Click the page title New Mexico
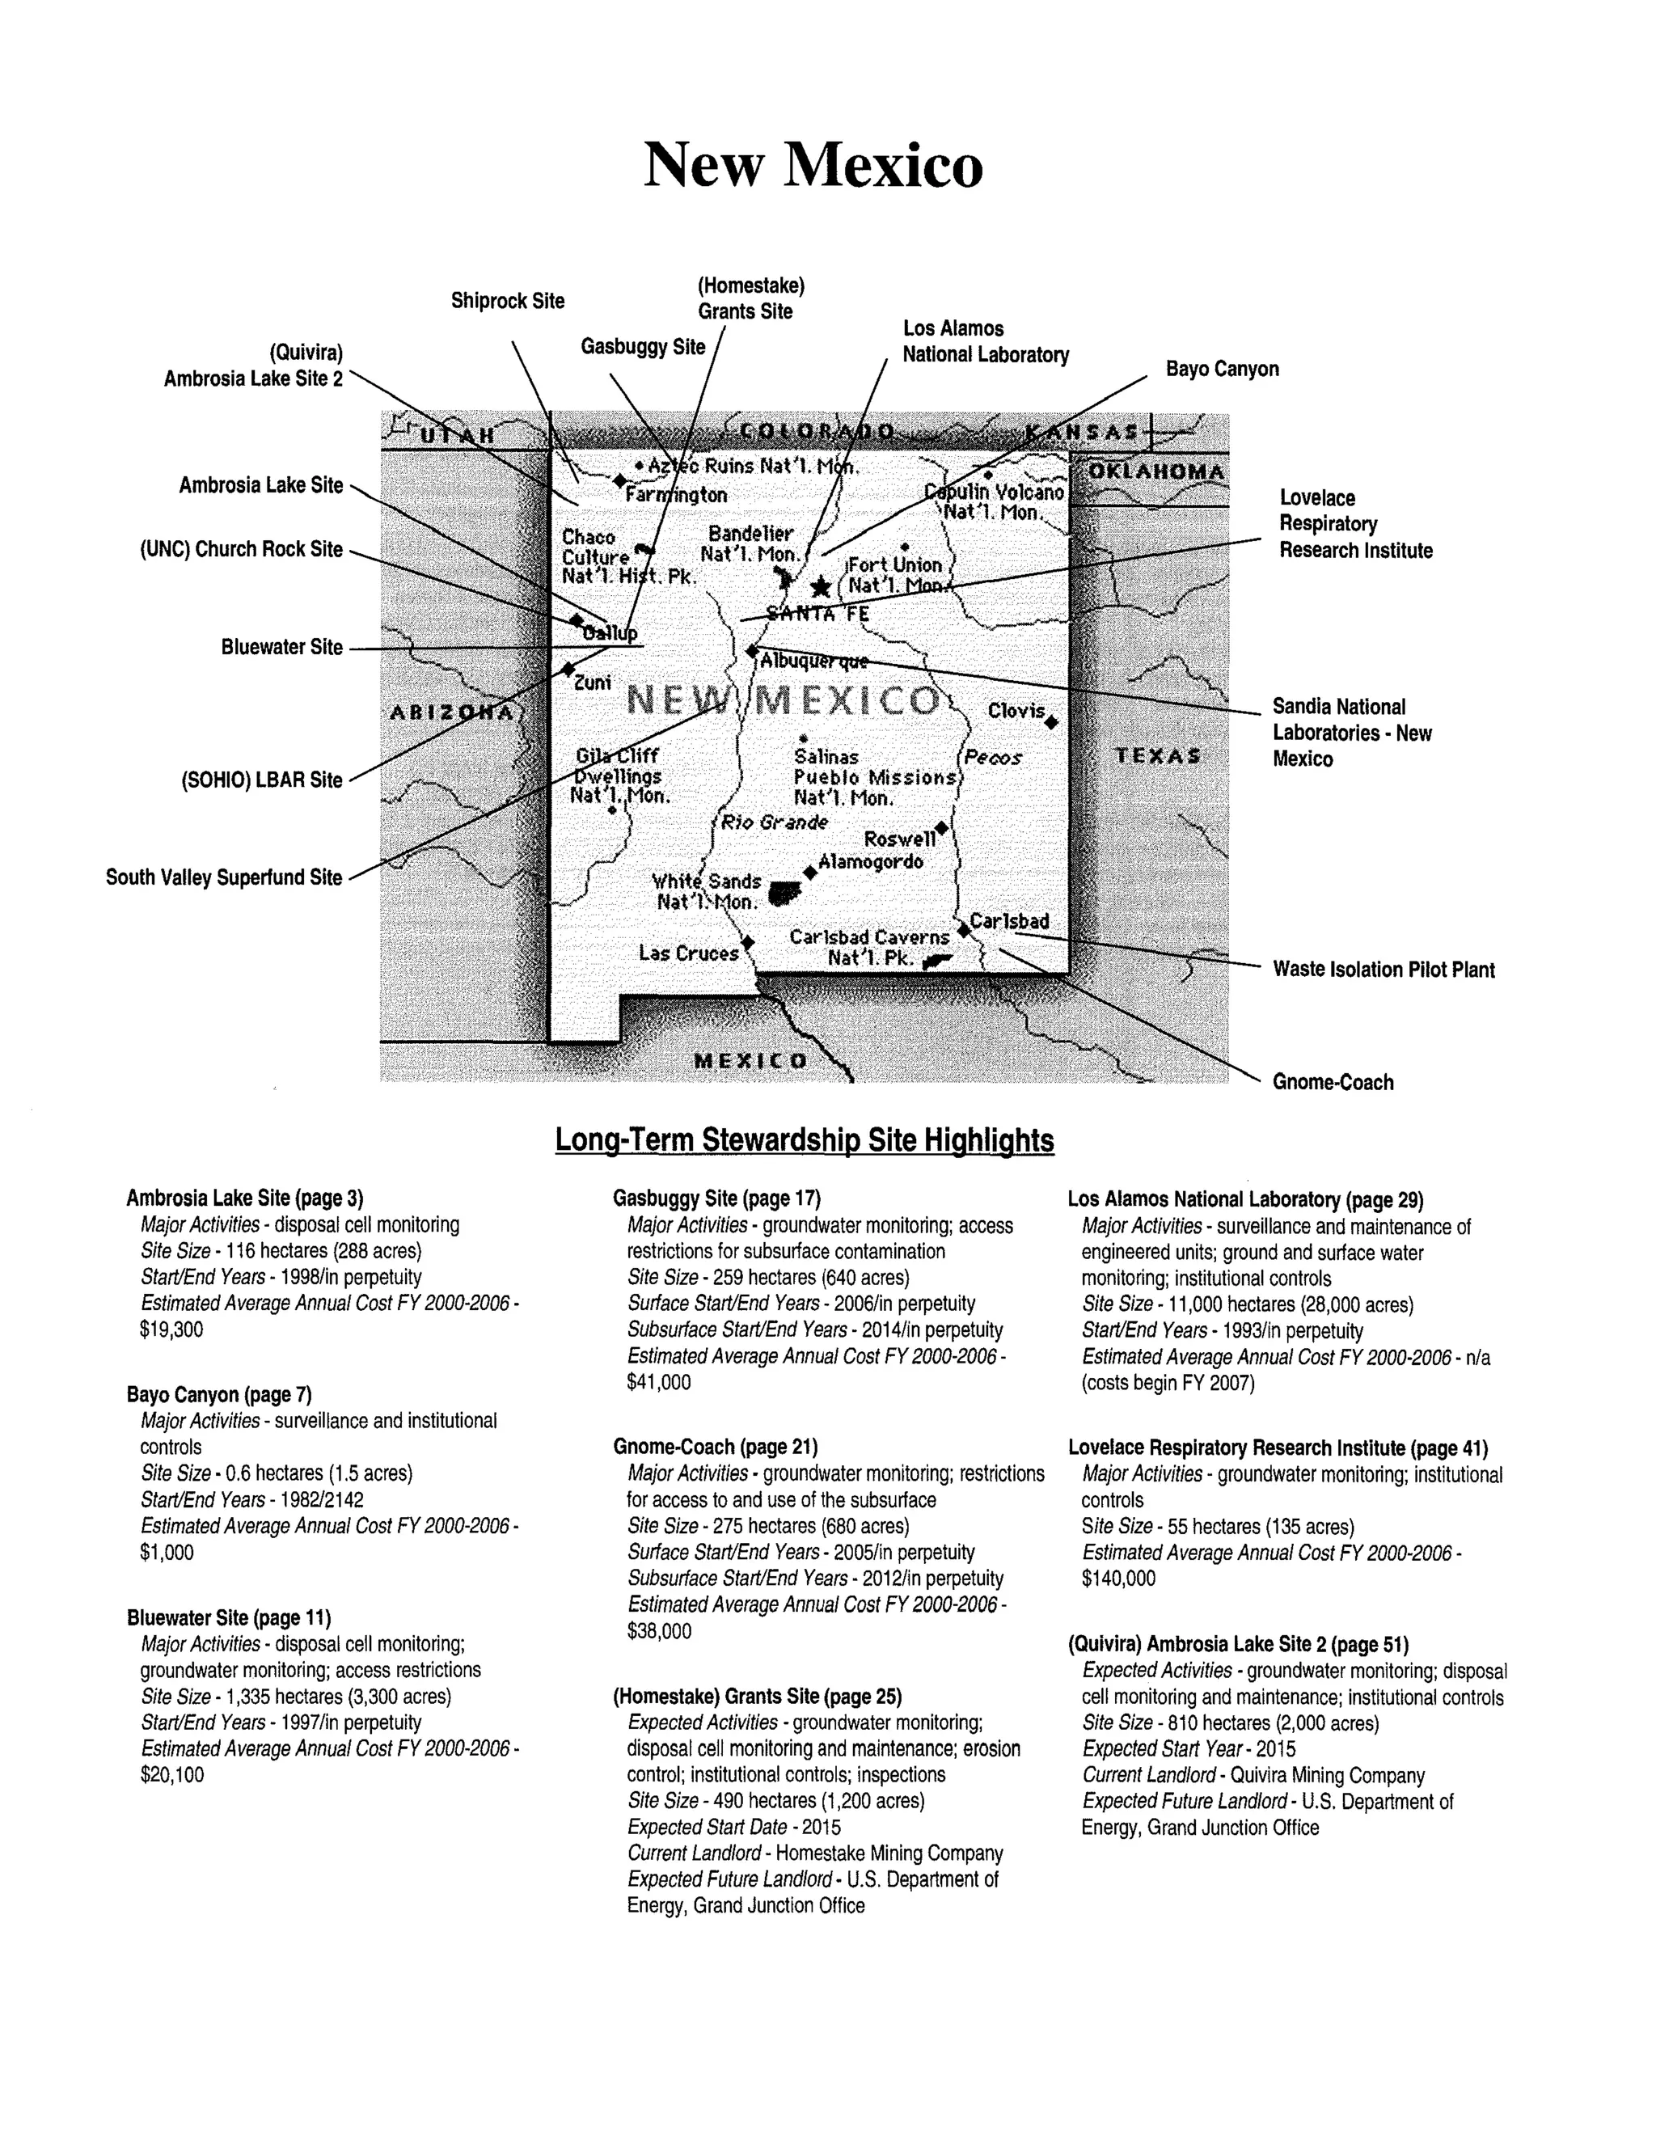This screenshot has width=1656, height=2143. pyautogui.click(x=813, y=165)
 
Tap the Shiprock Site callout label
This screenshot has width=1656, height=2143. pyautogui.click(x=507, y=302)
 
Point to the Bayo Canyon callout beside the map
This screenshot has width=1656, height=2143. pyautogui.click(x=1222, y=369)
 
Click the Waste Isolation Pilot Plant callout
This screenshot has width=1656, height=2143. pyautogui.click(x=1384, y=970)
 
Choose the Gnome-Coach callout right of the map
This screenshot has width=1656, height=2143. pyautogui.click(x=1333, y=1082)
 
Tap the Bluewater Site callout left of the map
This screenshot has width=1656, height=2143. pyautogui.click(x=281, y=648)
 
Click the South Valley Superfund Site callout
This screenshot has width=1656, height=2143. pyautogui.click(x=224, y=877)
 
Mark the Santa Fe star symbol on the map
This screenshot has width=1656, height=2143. pyautogui.click(x=820, y=587)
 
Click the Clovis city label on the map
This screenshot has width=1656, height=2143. pyautogui.click(x=1016, y=710)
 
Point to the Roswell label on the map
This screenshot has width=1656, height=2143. pyautogui.click(x=898, y=839)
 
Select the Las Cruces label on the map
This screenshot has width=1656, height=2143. pyautogui.click(x=688, y=953)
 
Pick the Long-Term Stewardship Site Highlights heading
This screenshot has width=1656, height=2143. pyautogui.click(x=805, y=1140)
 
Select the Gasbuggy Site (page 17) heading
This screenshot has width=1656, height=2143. pyautogui.click(x=716, y=1198)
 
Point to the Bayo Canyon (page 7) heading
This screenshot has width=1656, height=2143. pyautogui.click(x=219, y=1394)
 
